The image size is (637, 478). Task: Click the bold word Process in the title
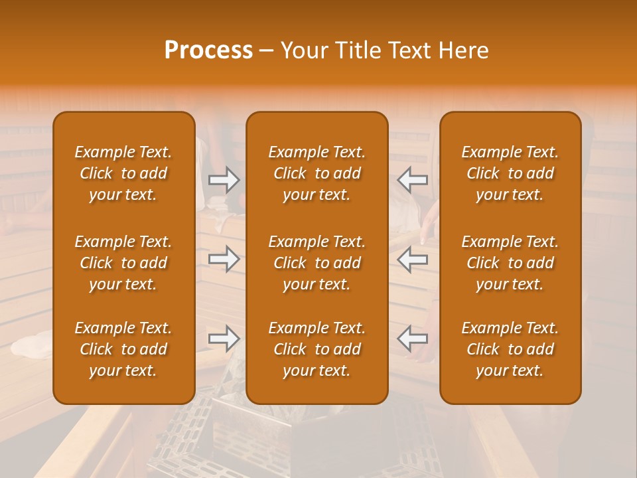point(208,50)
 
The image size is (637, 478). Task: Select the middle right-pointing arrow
point(224,259)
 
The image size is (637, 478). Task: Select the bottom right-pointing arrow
point(224,339)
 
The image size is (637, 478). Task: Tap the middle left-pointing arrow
point(413,259)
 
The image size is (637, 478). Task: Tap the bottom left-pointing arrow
point(413,339)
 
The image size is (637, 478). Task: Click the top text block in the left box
point(123,173)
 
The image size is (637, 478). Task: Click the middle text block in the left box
point(123,263)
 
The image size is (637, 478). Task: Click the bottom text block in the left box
point(123,349)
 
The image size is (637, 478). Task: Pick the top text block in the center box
point(317,173)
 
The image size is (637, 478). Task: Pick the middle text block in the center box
point(317,263)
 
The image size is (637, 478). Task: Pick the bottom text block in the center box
point(317,349)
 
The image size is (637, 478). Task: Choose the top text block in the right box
point(510,173)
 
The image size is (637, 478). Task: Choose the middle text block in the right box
point(510,263)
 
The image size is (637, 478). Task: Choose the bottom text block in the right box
point(510,349)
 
